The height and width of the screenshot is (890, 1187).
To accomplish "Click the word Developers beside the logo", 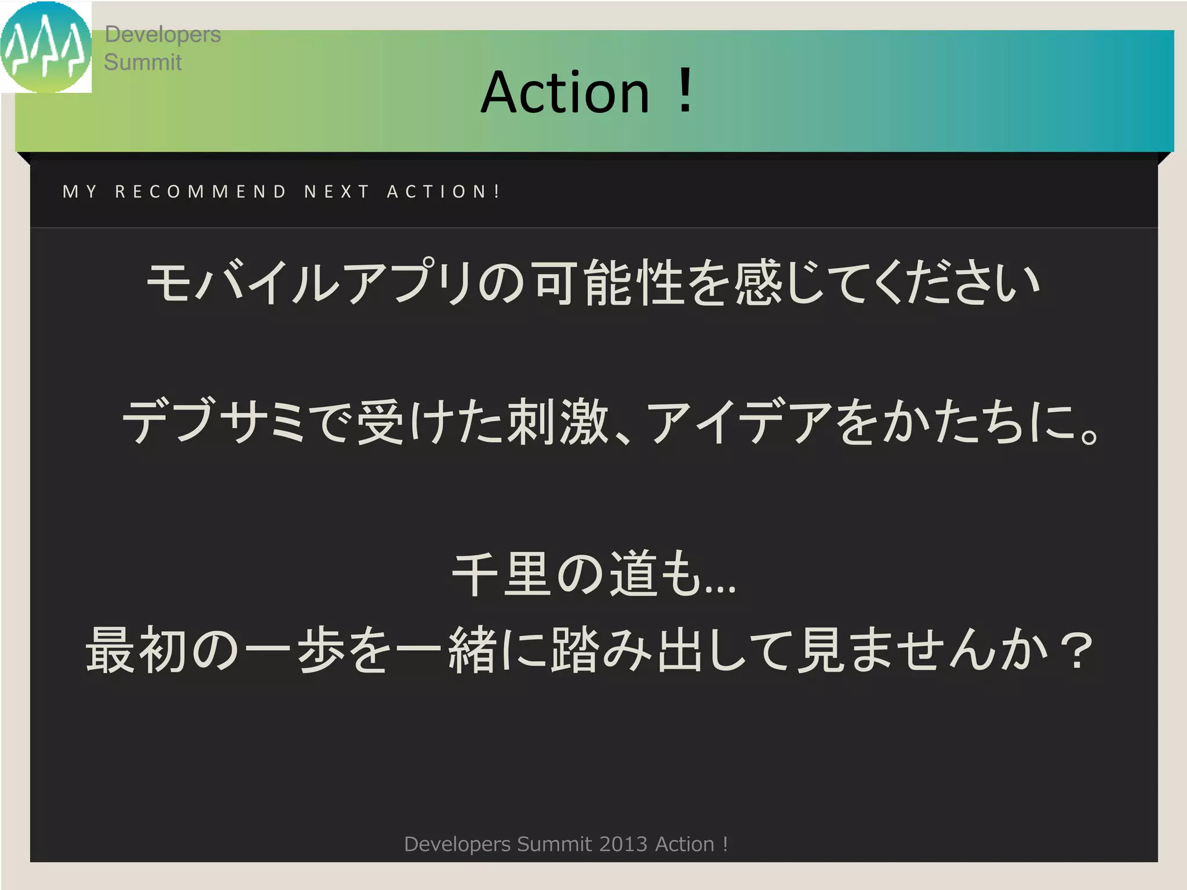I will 162,35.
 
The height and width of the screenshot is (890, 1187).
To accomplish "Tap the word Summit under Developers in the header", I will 143,62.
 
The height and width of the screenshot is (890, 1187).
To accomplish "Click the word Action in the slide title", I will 565,92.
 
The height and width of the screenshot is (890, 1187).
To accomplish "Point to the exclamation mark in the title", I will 685,91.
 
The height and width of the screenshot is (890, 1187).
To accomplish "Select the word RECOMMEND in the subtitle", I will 201,192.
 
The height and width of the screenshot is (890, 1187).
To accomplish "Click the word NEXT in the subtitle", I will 337,192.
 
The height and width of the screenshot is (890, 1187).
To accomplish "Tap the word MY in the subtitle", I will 80,192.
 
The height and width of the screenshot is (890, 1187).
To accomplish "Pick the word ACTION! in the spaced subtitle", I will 443,192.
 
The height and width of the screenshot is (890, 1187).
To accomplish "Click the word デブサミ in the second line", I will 214,421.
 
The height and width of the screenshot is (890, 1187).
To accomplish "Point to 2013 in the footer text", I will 623,844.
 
